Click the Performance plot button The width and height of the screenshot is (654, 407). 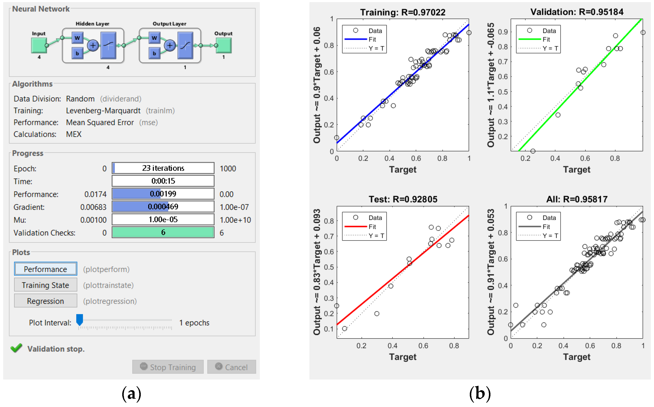[46, 269]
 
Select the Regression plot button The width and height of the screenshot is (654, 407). [46, 301]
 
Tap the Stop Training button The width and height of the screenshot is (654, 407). [168, 367]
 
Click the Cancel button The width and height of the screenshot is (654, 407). [231, 367]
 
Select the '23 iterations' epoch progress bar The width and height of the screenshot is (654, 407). [163, 168]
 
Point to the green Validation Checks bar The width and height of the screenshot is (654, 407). [163, 232]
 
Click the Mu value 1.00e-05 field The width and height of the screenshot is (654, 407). [163, 219]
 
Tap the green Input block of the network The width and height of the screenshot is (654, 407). [39, 45]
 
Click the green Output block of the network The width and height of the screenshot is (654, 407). [223, 45]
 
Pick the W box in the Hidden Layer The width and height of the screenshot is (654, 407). [77, 38]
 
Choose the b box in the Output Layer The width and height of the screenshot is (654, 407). [154, 53]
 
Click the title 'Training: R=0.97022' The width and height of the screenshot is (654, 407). [402, 12]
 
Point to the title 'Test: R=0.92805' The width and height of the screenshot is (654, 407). [403, 199]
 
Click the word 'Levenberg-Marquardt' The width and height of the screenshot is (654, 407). [103, 111]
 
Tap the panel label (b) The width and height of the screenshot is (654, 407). [480, 394]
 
